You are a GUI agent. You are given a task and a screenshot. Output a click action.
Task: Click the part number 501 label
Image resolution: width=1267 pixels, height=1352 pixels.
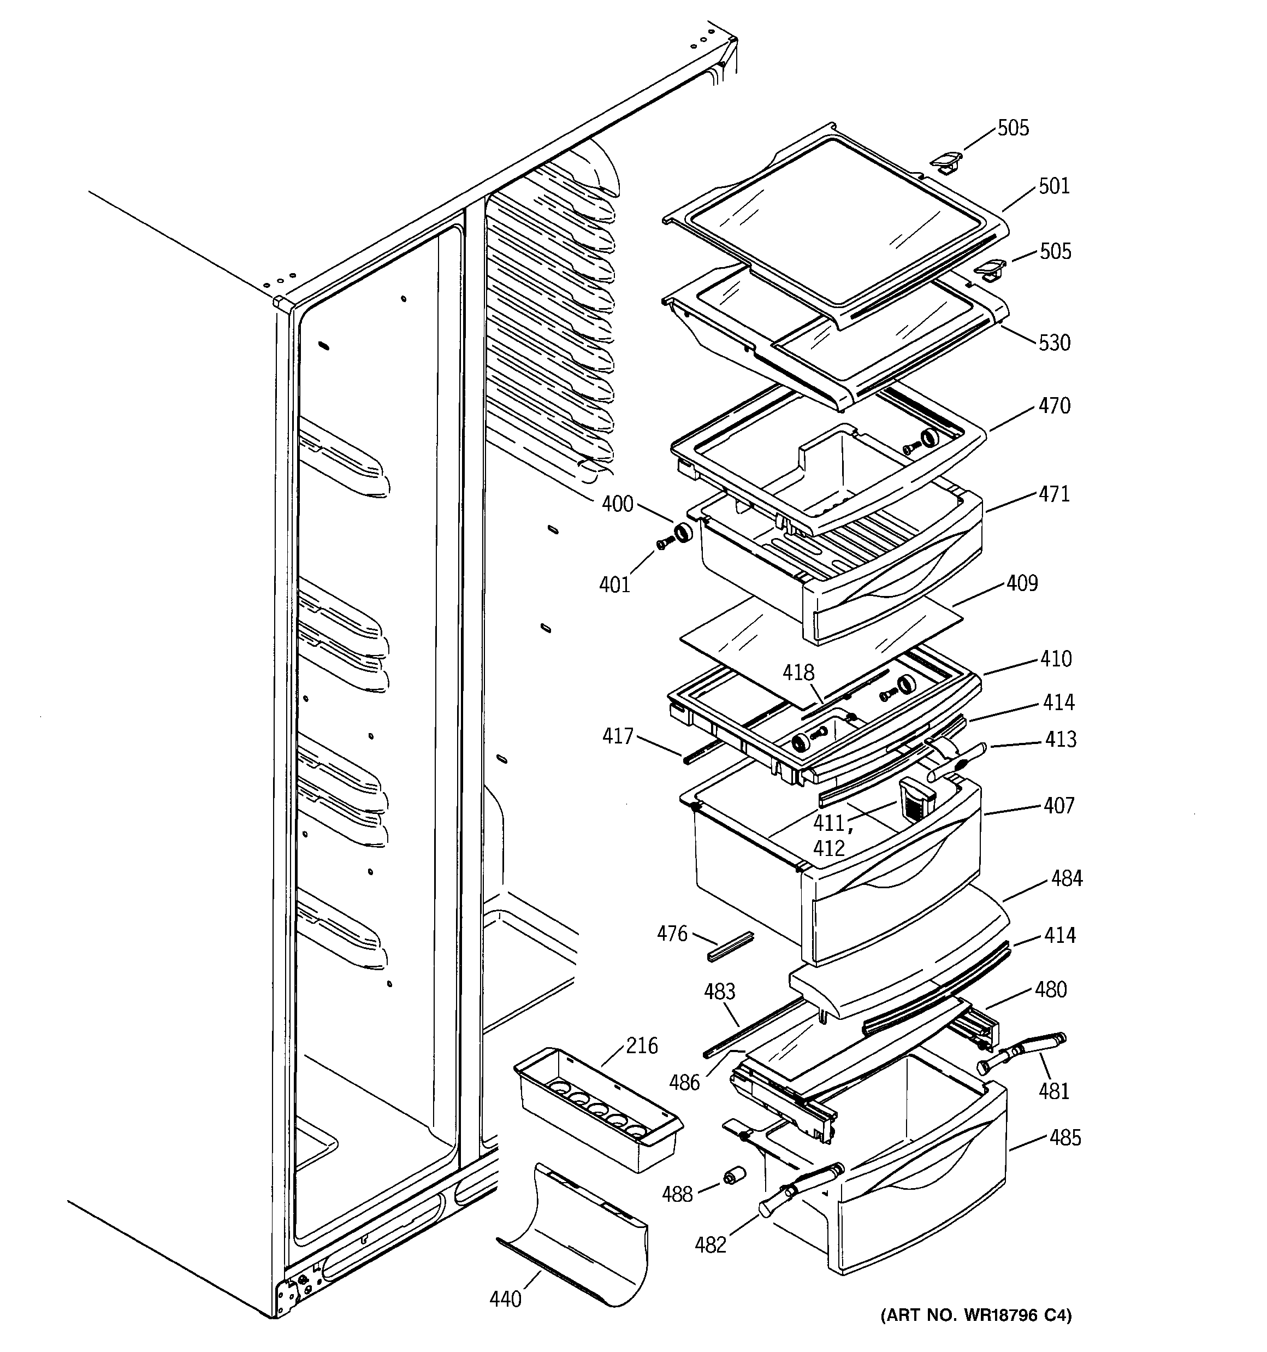click(1053, 186)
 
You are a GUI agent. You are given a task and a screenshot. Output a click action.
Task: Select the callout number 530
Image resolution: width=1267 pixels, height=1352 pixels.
click(1054, 342)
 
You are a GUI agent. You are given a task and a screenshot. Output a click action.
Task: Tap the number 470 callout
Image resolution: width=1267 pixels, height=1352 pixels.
click(1054, 405)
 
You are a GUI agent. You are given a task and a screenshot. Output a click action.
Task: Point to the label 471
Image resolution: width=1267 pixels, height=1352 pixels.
click(1054, 494)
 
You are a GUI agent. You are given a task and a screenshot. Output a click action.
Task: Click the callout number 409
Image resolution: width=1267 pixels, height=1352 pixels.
click(1022, 583)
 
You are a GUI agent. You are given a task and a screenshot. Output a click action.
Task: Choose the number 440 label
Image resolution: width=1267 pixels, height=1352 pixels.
click(505, 1298)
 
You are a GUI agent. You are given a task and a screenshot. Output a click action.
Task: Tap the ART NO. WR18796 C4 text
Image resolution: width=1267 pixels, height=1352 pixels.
click(976, 1335)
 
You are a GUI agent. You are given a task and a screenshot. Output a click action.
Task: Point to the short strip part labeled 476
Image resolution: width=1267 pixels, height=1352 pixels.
click(730, 946)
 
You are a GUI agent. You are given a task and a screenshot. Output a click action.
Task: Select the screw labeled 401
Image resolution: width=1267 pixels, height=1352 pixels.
click(665, 542)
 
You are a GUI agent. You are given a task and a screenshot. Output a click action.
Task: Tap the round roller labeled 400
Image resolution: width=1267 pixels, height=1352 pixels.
click(682, 533)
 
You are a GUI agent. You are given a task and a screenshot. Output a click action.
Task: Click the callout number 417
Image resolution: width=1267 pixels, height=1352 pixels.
click(618, 736)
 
